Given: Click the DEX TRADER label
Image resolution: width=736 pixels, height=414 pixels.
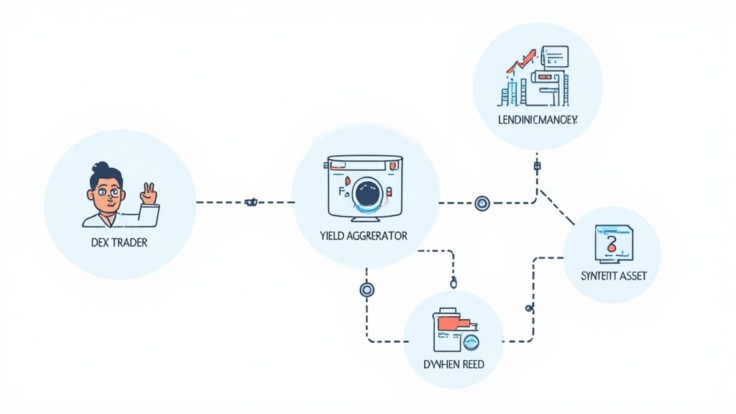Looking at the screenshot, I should point(119,243).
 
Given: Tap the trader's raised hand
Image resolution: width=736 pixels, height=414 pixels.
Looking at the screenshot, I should point(149,193).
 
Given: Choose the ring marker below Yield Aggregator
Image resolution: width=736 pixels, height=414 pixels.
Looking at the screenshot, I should point(367,290).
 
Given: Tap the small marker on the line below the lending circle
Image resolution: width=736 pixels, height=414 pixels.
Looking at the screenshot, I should point(537,167).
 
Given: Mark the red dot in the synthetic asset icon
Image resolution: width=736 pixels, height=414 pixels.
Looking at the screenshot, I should point(611,249).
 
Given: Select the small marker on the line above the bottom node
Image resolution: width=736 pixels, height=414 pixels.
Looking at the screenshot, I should point(454,284).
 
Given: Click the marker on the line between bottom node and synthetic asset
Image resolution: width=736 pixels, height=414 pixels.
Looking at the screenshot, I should point(530,308).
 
